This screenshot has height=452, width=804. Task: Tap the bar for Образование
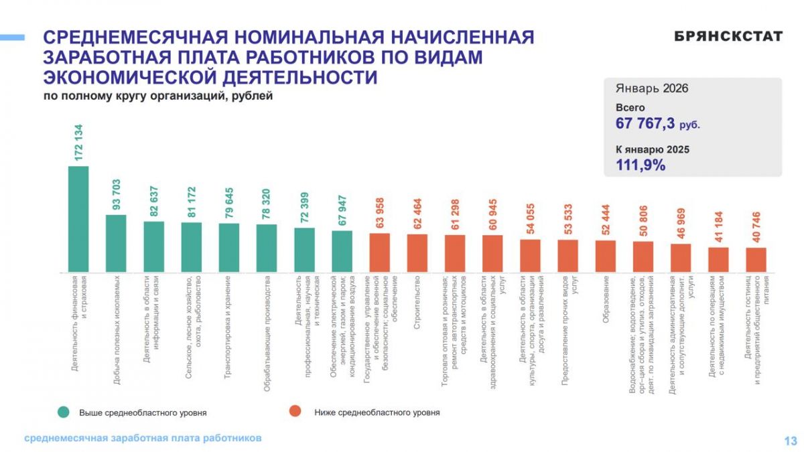(x=605, y=256)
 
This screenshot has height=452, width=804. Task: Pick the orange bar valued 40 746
(x=756, y=260)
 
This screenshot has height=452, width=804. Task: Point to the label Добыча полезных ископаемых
(x=117, y=331)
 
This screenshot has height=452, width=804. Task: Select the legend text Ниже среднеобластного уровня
(x=377, y=412)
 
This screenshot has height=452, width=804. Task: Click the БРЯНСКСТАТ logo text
(x=728, y=37)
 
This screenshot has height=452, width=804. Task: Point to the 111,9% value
(x=641, y=165)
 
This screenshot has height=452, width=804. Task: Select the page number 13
(x=790, y=441)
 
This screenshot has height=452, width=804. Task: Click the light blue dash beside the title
(x=12, y=37)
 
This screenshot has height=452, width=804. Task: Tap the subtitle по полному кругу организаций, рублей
(x=158, y=96)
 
